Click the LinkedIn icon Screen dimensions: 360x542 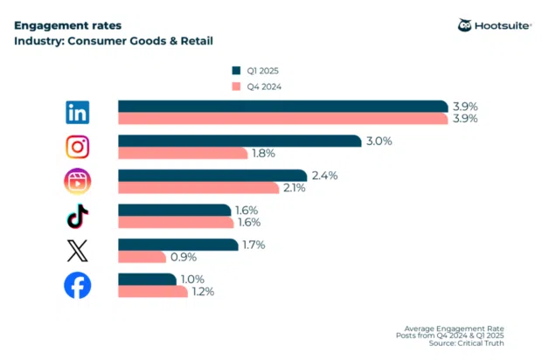point(78,112)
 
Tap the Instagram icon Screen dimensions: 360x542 point(78,147)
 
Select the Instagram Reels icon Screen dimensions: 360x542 point(78,182)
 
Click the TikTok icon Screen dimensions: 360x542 point(78,216)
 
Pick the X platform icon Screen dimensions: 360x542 point(78,252)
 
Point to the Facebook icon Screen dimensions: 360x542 point(78,286)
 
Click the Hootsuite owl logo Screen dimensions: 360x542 point(465,25)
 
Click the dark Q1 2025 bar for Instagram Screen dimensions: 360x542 point(240,141)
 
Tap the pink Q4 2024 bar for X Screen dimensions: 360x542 point(142,257)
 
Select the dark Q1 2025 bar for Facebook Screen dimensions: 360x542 point(147,280)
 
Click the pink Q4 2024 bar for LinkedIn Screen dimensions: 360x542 point(283,118)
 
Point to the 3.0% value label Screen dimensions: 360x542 point(378,141)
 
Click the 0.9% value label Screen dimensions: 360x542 point(184,257)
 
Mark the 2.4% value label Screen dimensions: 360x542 point(323,176)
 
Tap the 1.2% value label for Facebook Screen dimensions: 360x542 point(202,292)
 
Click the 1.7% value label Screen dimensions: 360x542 point(254,246)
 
